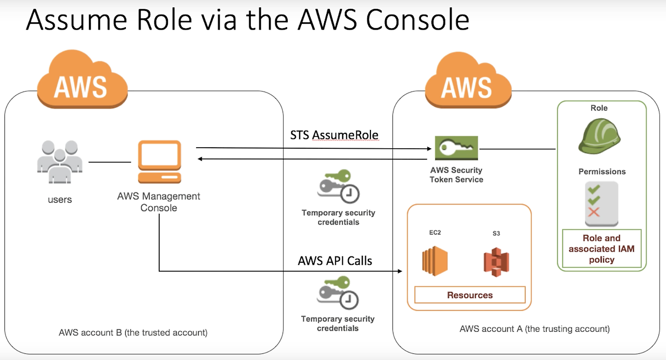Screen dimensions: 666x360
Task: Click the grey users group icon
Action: pos(60,161)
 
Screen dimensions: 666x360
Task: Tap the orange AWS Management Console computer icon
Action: pos(160,161)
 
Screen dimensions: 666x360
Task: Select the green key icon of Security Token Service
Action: pos(456,148)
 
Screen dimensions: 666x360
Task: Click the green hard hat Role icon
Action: pos(599,136)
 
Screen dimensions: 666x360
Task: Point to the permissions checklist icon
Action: pos(601,204)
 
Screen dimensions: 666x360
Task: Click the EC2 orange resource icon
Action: pos(434,261)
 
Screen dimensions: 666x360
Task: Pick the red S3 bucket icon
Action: pos(496,262)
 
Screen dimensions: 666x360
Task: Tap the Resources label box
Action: pos(470,295)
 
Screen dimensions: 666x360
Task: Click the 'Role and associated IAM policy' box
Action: pos(601,249)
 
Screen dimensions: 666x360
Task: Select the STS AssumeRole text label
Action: pos(334,135)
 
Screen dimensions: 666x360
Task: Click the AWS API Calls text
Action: pos(335,261)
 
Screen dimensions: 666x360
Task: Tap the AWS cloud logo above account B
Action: pos(82,79)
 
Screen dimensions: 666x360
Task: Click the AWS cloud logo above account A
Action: pos(468,80)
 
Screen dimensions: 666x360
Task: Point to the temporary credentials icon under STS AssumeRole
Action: pos(338,186)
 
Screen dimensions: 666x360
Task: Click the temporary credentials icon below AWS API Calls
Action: pos(338,293)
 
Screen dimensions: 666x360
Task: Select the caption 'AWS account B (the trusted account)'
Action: pos(133,332)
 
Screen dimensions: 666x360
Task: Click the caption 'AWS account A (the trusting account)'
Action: pos(534,329)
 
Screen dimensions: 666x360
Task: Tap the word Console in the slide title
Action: pos(417,20)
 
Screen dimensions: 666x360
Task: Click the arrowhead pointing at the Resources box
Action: pos(400,271)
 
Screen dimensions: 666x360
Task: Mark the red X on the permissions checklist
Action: pos(594,212)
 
